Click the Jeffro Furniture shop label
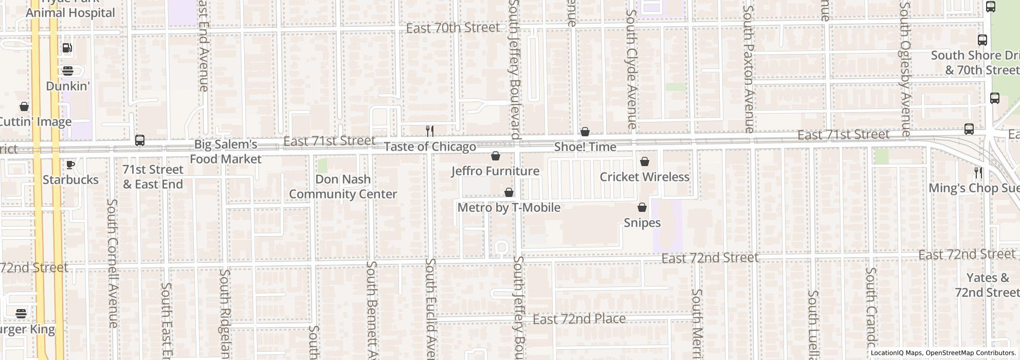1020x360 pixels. click(495, 171)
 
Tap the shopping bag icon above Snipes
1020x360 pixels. click(642, 208)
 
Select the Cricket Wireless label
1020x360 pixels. click(644, 177)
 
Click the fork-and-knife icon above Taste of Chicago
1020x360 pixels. click(430, 131)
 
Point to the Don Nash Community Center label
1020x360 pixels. click(342, 187)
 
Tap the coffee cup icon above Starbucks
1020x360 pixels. click(70, 165)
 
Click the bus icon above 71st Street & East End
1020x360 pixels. click(139, 140)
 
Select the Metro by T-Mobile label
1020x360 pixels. click(508, 208)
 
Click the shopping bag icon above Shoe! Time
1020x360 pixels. click(585, 132)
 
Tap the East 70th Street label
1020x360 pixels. click(452, 28)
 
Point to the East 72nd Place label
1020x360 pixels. click(579, 319)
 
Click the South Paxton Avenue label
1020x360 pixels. click(749, 69)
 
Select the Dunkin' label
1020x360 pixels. click(68, 86)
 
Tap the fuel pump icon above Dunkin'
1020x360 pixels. click(67, 48)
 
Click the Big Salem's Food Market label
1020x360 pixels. click(226, 152)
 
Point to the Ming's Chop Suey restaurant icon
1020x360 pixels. click(978, 172)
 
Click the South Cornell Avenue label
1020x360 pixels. click(113, 262)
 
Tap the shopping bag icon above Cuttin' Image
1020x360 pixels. click(24, 107)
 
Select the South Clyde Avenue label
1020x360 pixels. click(631, 69)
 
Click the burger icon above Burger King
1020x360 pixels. click(21, 313)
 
